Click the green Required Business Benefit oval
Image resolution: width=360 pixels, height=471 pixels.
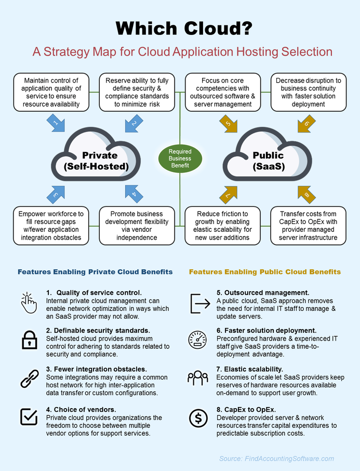click(x=180, y=159)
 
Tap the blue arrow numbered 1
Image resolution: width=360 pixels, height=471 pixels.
click(x=56, y=123)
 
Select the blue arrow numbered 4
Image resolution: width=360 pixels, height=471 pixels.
click(x=134, y=194)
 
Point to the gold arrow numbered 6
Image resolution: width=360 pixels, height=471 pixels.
click(x=306, y=123)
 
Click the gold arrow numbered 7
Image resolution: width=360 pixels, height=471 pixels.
click(x=228, y=195)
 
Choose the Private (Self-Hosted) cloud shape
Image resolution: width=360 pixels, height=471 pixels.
click(x=96, y=154)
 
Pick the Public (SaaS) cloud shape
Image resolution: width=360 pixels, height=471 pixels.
click(x=267, y=154)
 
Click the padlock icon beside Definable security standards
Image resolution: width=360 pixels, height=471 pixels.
click(x=30, y=339)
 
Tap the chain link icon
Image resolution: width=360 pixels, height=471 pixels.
click(x=30, y=378)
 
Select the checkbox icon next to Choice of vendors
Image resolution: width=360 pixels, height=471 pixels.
click(x=29, y=416)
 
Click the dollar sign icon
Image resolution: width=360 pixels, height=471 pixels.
click(x=198, y=418)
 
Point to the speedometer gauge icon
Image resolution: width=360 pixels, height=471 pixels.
click(x=197, y=339)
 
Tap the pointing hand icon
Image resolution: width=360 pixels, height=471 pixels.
click(x=29, y=303)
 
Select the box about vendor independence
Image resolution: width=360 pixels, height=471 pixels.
click(x=137, y=226)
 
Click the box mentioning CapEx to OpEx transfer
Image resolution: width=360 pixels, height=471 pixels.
click(x=308, y=226)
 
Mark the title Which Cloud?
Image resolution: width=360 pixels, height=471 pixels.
click(x=184, y=28)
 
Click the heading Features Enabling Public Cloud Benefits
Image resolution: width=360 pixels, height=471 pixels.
click(x=265, y=272)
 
